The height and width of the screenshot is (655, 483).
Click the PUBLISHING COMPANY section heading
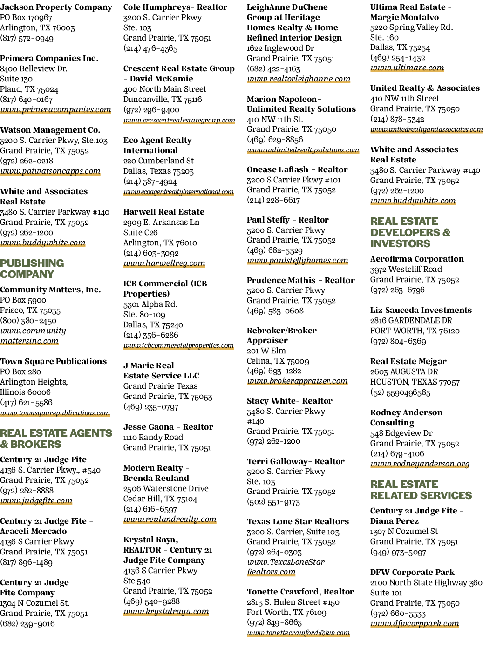[x=32, y=269]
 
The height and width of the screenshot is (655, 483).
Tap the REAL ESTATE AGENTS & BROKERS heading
[x=56, y=439]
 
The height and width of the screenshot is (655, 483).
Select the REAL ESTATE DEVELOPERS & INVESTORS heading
[x=410, y=232]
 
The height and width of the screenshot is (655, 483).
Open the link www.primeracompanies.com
[x=55, y=110]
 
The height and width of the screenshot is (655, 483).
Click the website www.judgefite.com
[x=36, y=500]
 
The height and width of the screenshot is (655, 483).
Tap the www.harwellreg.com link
[x=164, y=263]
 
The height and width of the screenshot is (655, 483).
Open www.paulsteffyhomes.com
[x=298, y=260]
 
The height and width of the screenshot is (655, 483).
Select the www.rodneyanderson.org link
[x=420, y=464]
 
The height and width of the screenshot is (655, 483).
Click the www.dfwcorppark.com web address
[x=415, y=623]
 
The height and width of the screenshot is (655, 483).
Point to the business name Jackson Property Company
[x=56, y=7]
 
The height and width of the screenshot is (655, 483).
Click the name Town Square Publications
[x=53, y=361]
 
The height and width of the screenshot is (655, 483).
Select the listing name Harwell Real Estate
[x=164, y=212]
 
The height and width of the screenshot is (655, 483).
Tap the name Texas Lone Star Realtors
[x=298, y=521]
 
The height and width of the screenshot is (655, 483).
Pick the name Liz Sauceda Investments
[x=421, y=310]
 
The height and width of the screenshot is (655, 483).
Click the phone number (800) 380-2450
[x=28, y=321]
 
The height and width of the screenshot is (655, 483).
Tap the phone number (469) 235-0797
[x=151, y=407]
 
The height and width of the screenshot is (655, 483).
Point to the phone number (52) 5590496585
[x=400, y=392]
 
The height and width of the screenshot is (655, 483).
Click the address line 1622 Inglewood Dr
[x=280, y=48]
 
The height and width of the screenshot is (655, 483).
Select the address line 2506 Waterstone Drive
[x=166, y=489]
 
